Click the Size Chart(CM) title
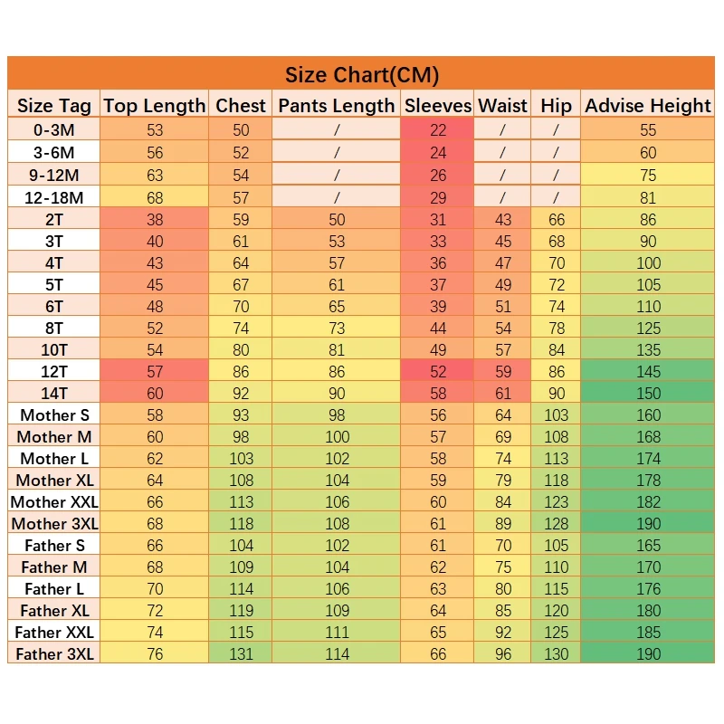pyautogui.click(x=362, y=74)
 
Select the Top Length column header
pyautogui.click(x=155, y=105)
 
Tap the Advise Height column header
pyautogui.click(x=648, y=105)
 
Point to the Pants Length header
pyautogui.click(x=337, y=105)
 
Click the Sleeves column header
pyautogui.click(x=438, y=105)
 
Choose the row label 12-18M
pyautogui.click(x=54, y=197)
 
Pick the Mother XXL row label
pyautogui.click(x=54, y=501)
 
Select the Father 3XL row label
pyautogui.click(x=54, y=653)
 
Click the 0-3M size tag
pyautogui.click(x=54, y=130)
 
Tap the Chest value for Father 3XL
pyautogui.click(x=241, y=653)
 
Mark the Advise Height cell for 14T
pyautogui.click(x=648, y=393)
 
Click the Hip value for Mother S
pyautogui.click(x=556, y=414)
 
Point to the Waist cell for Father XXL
pyautogui.click(x=503, y=632)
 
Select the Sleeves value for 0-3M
pyautogui.click(x=438, y=130)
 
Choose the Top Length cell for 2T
pyautogui.click(x=155, y=219)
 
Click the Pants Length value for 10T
pyautogui.click(x=337, y=349)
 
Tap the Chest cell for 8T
pyautogui.click(x=241, y=328)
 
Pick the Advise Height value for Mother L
pyautogui.click(x=648, y=458)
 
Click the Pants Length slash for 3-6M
pyautogui.click(x=337, y=152)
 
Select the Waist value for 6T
pyautogui.click(x=503, y=306)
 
